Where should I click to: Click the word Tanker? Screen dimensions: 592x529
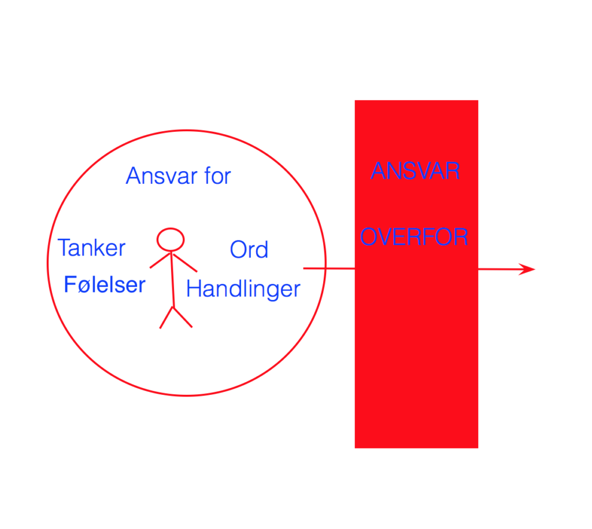click(x=91, y=247)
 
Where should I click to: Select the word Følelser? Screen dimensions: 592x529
click(x=105, y=284)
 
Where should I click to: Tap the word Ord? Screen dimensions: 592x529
click(x=249, y=249)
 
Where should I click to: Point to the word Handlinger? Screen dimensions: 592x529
click(x=243, y=290)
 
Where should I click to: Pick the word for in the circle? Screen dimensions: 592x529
click(x=217, y=176)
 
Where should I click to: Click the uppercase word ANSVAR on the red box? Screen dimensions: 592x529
click(x=415, y=171)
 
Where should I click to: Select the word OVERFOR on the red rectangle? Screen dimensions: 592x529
click(x=414, y=236)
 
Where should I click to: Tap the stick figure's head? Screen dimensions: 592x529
click(x=171, y=239)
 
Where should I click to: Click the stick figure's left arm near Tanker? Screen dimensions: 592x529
click(x=161, y=261)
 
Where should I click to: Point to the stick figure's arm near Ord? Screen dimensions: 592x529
click(x=184, y=263)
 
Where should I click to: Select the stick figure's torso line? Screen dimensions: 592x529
click(x=172, y=279)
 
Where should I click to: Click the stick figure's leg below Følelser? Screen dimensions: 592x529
click(x=166, y=317)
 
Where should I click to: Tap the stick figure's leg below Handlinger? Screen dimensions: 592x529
click(x=183, y=317)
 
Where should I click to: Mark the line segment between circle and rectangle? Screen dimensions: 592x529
click(x=329, y=268)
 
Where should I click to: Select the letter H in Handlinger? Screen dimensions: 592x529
click(x=193, y=289)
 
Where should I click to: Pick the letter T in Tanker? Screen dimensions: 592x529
click(x=65, y=247)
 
